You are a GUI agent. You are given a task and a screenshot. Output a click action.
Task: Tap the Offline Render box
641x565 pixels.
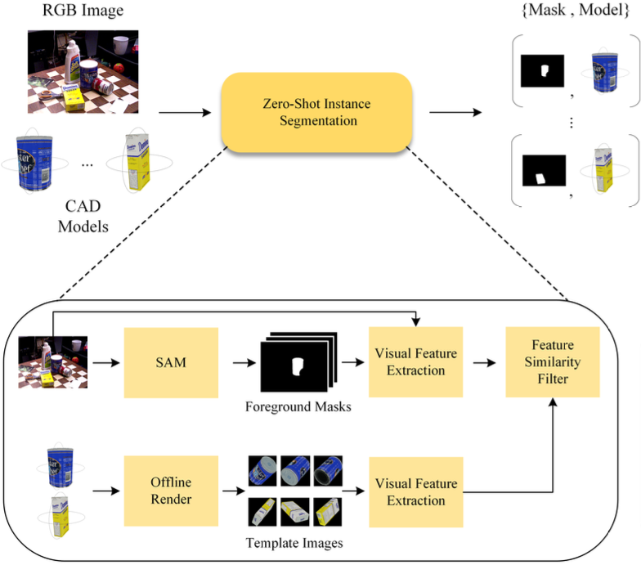click(x=172, y=491)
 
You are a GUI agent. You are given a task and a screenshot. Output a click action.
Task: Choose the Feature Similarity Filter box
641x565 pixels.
click(x=550, y=361)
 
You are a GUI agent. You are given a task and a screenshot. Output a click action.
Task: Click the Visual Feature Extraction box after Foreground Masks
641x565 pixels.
click(x=415, y=361)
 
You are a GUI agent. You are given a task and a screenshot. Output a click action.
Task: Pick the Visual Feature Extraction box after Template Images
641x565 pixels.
click(x=415, y=491)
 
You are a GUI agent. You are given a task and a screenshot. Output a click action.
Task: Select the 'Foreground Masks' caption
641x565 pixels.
click(x=298, y=406)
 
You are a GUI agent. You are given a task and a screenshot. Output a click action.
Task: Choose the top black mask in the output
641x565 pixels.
click(x=542, y=72)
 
